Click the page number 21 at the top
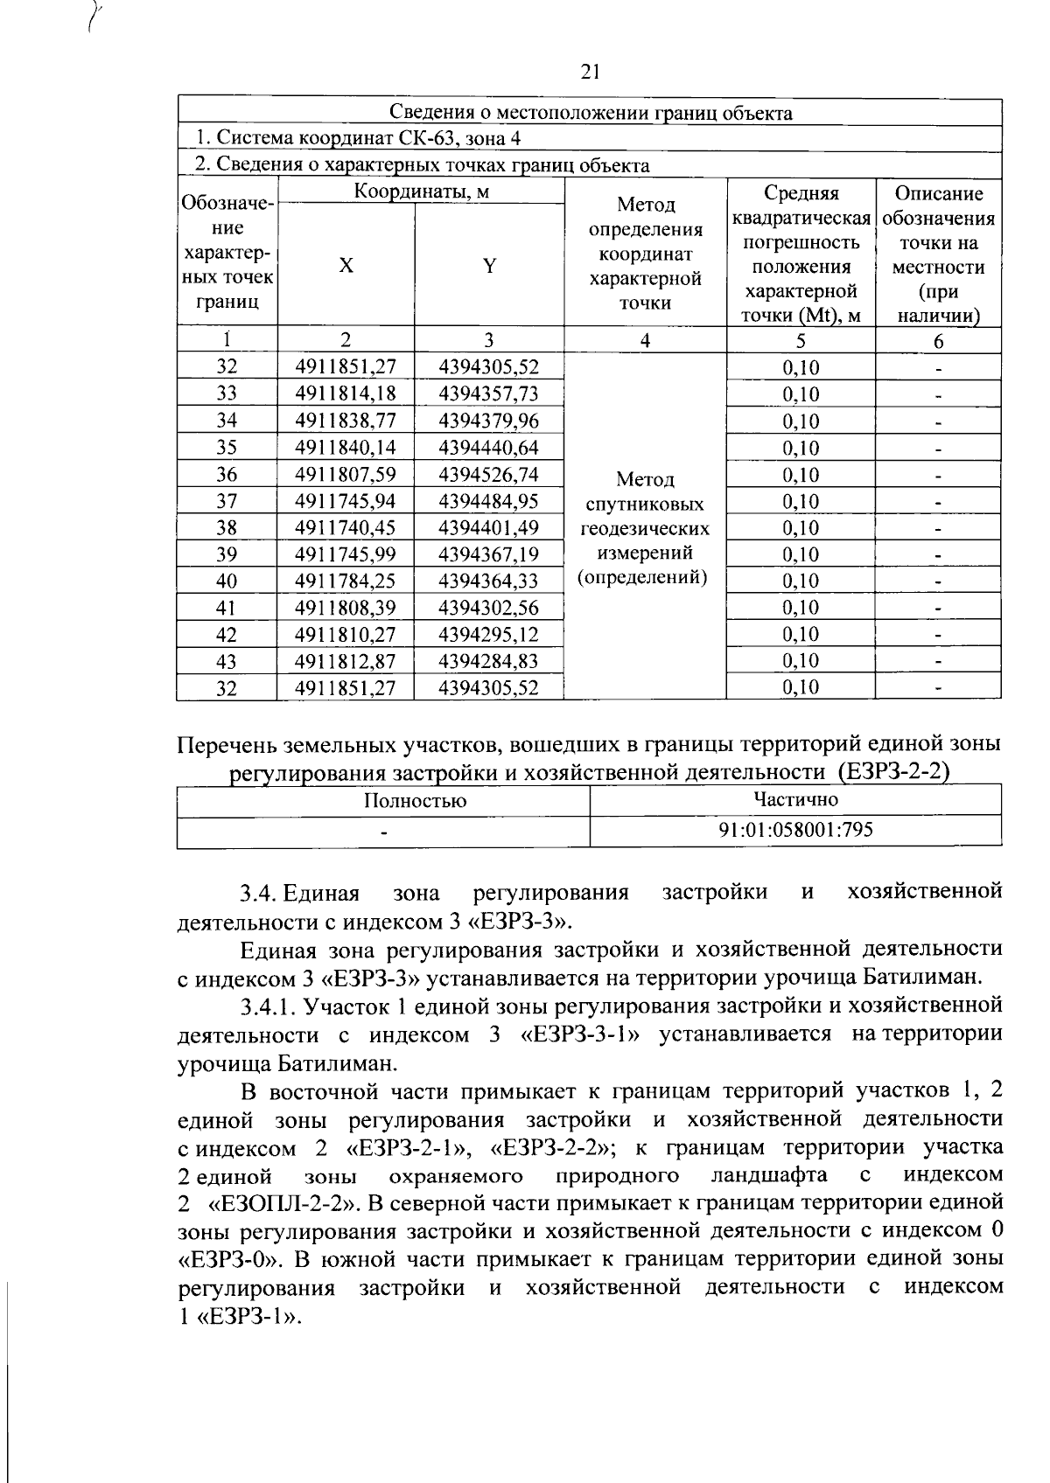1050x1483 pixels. pyautogui.click(x=590, y=73)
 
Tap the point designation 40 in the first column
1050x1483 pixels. pyautogui.click(x=227, y=581)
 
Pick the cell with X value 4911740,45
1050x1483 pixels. pyautogui.click(x=346, y=528)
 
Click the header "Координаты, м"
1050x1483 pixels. pyautogui.click(x=421, y=191)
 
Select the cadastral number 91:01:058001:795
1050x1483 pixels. pyautogui.click(x=794, y=830)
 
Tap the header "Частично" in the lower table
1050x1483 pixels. pyautogui.click(x=794, y=799)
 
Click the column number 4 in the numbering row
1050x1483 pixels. pyautogui.click(x=645, y=341)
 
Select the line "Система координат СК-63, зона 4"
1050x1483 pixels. pyautogui.click(x=359, y=139)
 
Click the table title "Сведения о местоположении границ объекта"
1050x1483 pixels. pyautogui.click(x=590, y=113)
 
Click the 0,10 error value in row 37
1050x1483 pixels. pyautogui.click(x=800, y=502)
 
